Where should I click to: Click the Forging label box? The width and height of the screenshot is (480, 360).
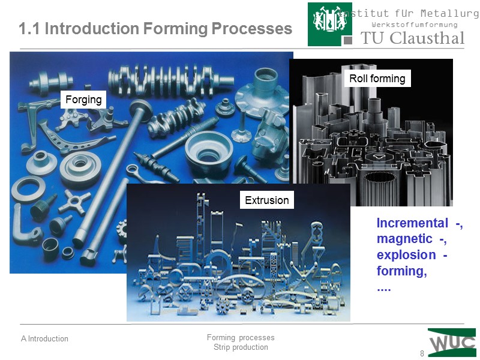click(x=83, y=99)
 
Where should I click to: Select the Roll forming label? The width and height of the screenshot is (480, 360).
click(x=377, y=79)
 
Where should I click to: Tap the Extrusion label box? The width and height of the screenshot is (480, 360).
click(x=267, y=200)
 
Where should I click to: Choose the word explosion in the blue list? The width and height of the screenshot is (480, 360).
click(x=406, y=255)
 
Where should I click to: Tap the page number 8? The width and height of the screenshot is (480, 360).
click(x=422, y=353)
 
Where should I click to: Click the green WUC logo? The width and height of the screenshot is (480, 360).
click(x=452, y=343)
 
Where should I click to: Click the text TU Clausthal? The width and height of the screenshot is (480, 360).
click(x=412, y=38)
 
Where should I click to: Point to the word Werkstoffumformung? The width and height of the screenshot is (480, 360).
click(x=415, y=25)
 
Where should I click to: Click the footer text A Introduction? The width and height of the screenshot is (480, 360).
click(x=44, y=339)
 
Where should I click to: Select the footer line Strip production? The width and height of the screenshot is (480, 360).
click(x=241, y=347)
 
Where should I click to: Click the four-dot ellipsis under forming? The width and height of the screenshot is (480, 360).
click(x=383, y=287)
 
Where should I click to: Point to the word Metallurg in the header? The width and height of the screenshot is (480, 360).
click(x=446, y=13)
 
